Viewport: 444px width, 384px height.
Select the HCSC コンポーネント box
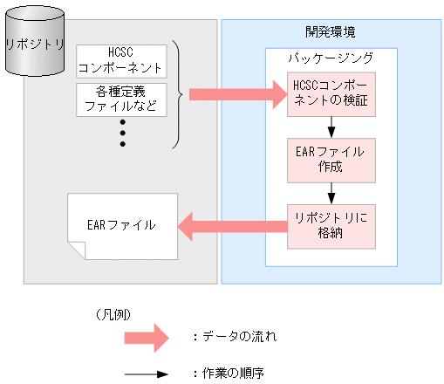(x=120, y=59)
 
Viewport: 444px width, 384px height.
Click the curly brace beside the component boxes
(x=178, y=93)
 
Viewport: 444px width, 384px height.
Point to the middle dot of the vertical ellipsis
(x=122, y=132)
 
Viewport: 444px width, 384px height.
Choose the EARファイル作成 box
(x=331, y=159)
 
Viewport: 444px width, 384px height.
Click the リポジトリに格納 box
(x=331, y=225)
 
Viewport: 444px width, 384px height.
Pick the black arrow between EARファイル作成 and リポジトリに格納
(x=331, y=192)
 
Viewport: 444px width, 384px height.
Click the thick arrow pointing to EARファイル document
(x=232, y=226)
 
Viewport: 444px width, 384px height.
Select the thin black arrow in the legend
(x=146, y=373)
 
